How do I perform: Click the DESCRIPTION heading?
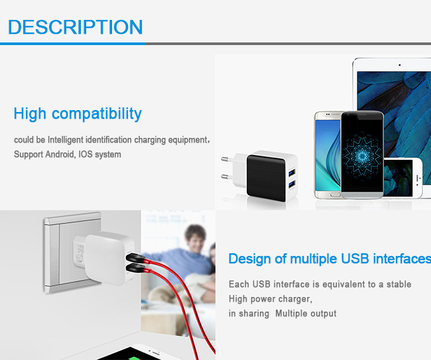click(x=76, y=27)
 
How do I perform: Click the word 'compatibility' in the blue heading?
click(x=97, y=114)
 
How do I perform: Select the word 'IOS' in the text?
click(x=86, y=154)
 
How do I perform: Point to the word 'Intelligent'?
click(x=66, y=140)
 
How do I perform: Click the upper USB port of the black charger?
click(x=292, y=173)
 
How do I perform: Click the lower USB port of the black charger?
click(x=292, y=184)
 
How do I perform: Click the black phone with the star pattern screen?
click(x=362, y=154)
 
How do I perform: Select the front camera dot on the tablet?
click(x=399, y=65)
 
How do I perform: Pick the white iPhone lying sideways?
click(x=403, y=178)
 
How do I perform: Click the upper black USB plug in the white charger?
click(x=135, y=258)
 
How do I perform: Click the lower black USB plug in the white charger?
click(x=135, y=268)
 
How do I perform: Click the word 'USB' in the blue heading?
click(x=355, y=259)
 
